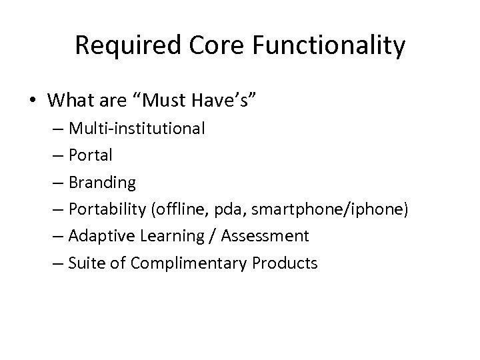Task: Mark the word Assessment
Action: click(x=267, y=236)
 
